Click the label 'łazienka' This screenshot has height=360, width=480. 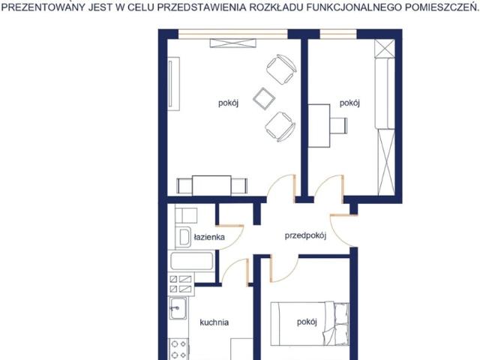tap(209, 237)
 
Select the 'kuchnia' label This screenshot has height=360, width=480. tap(214, 322)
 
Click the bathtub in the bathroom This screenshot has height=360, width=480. tap(192, 261)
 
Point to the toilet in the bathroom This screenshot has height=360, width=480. tap(183, 237)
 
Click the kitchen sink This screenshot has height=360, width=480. tap(178, 308)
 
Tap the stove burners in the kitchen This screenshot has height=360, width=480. tap(178, 349)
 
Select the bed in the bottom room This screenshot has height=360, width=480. tap(310, 324)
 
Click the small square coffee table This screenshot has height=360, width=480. tap(264, 98)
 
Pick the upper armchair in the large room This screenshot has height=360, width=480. tap(281, 70)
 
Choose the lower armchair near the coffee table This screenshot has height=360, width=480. tap(280, 127)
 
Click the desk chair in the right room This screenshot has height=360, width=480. tap(338, 125)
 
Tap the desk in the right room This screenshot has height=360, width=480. tap(319, 126)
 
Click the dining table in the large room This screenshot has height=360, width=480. tap(211, 185)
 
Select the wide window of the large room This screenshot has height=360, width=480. tap(233, 34)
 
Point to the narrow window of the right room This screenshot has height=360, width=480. tap(338, 34)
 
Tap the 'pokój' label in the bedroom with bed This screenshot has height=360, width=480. tap(307, 322)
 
